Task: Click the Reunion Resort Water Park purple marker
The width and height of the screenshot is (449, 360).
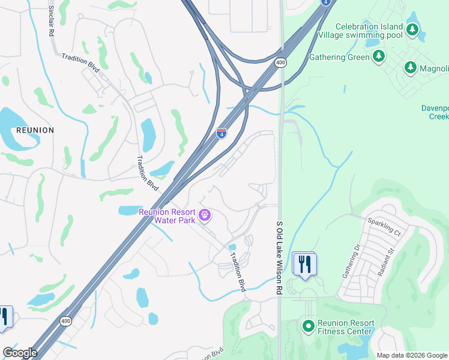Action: [x=205, y=215]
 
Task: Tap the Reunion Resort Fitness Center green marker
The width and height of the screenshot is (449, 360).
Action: [x=308, y=326]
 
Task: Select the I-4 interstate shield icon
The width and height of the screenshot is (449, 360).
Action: [x=221, y=133]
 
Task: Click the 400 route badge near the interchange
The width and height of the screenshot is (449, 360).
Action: [x=281, y=62]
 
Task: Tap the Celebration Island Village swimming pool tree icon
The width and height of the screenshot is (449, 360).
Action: [x=412, y=29]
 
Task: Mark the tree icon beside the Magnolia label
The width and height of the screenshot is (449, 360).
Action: [x=411, y=68]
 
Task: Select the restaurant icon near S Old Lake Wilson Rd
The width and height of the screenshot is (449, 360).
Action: [x=304, y=263]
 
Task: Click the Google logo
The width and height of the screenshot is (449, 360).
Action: [x=20, y=353]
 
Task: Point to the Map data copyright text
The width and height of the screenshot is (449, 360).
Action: [x=411, y=355]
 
